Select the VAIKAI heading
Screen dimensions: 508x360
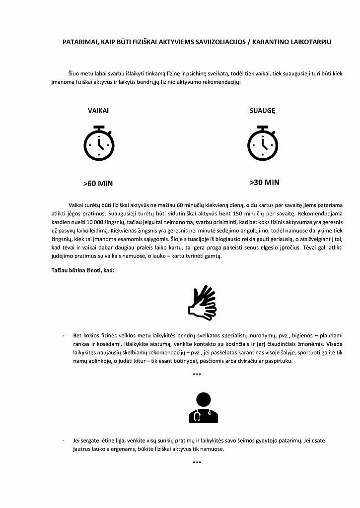98,111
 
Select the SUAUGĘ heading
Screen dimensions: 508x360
262,111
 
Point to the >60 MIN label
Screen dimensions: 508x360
98,184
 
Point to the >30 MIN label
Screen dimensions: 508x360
264,182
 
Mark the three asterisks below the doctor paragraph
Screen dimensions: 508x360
197,463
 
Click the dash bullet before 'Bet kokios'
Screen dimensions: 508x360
63,336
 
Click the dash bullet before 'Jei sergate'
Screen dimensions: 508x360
63,441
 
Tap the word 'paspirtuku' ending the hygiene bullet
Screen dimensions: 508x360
279,361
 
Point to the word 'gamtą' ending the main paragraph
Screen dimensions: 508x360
219,256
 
